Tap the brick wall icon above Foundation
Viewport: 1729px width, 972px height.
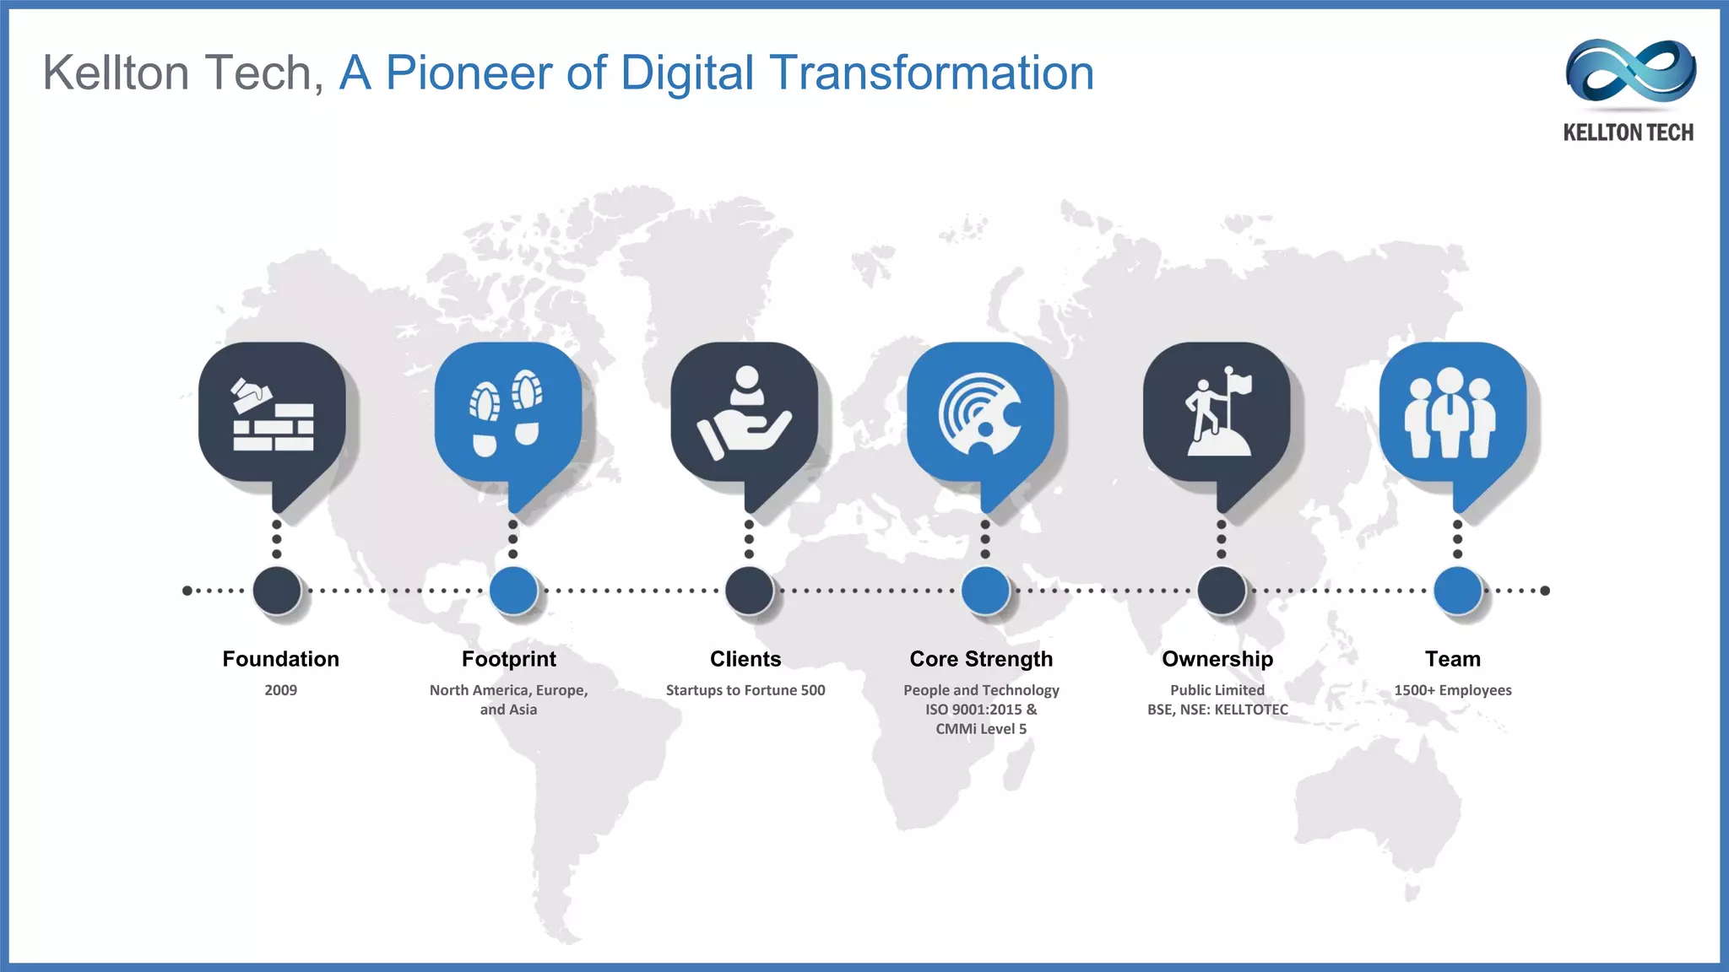273,414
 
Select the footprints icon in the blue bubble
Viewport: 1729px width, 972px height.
507,413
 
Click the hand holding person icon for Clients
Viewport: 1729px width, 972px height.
745,413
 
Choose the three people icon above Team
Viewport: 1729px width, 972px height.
1450,413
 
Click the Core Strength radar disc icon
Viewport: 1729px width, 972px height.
981,414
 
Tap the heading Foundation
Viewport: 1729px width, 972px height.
280,659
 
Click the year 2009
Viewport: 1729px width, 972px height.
280,690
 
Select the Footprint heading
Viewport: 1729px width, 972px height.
508,659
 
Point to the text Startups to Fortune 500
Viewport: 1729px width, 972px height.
745,690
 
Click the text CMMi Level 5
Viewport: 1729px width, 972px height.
981,729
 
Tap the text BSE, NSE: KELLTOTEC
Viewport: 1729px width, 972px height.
1217,710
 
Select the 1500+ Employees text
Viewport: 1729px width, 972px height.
1452,690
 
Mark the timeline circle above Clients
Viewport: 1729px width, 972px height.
749,590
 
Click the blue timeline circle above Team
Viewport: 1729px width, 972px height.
1457,590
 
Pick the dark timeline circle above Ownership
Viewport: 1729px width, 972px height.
1221,590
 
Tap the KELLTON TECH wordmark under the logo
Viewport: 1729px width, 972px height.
1628,132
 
